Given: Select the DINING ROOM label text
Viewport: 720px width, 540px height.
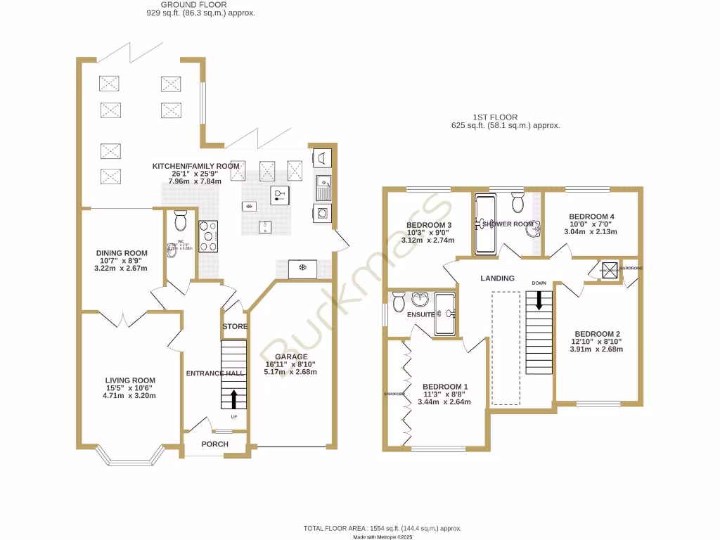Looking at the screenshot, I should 122,253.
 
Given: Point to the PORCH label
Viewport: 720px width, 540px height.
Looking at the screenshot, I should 214,444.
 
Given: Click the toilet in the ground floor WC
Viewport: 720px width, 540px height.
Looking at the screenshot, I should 180,221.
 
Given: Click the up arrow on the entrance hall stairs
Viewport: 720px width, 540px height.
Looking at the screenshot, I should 232,399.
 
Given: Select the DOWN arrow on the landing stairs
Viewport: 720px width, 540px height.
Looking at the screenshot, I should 539,300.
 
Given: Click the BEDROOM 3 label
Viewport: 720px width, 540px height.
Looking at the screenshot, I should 428,225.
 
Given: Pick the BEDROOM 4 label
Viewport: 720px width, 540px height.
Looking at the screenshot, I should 591,216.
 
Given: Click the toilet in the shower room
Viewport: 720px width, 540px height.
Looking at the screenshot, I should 517,203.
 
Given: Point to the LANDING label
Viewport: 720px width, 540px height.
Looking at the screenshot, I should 497,278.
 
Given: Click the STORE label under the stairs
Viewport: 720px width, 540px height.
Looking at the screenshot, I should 235,327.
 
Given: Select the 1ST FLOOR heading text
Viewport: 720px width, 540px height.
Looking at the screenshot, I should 495,117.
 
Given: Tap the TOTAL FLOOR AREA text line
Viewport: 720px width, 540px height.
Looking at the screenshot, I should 382,528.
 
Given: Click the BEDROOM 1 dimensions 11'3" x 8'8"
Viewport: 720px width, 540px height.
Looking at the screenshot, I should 446,394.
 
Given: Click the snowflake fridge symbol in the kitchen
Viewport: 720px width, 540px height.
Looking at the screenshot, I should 303,268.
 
